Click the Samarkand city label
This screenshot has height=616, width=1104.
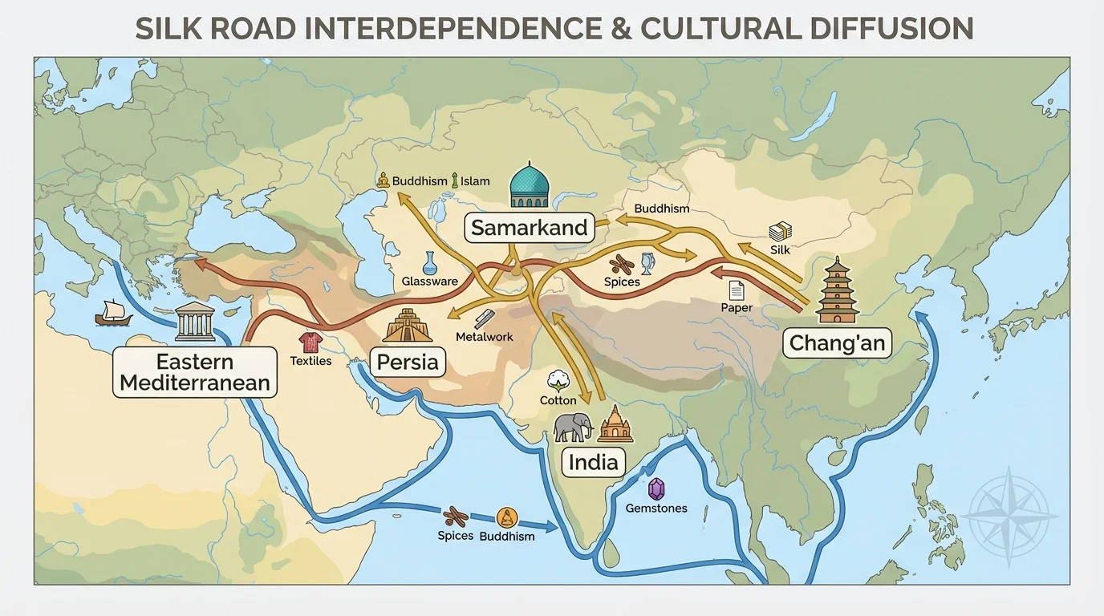pyautogui.click(x=529, y=228)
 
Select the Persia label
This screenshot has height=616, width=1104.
pyautogui.click(x=408, y=362)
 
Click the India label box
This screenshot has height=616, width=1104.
pyautogui.click(x=593, y=461)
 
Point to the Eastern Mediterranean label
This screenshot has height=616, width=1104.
pyautogui.click(x=194, y=371)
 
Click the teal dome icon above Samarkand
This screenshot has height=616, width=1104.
pyautogui.click(x=530, y=185)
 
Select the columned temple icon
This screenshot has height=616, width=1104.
pyautogui.click(x=195, y=322)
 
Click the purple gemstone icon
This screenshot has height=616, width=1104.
pyautogui.click(x=656, y=488)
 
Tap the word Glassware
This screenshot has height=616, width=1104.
pyautogui.click(x=430, y=282)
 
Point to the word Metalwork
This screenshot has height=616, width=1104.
pyautogui.click(x=484, y=337)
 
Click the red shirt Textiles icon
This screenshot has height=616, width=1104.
pyautogui.click(x=310, y=342)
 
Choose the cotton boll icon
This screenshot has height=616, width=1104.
pyautogui.click(x=558, y=380)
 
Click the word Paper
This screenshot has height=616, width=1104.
pyautogui.click(x=737, y=308)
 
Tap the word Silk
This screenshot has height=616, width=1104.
pyautogui.click(x=780, y=249)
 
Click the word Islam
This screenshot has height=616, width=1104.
pyautogui.click(x=475, y=181)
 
